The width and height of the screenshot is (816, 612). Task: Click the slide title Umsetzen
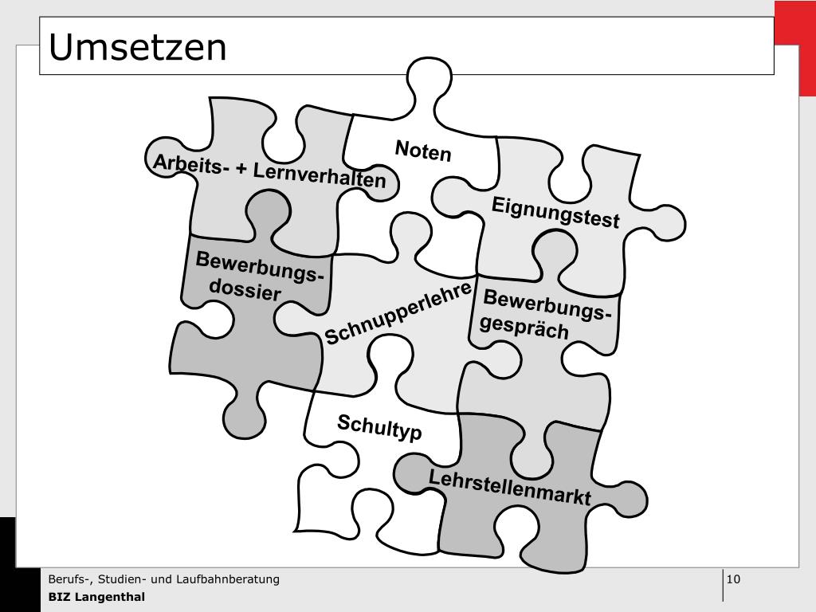[x=138, y=47]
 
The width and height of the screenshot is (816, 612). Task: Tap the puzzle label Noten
[x=423, y=150]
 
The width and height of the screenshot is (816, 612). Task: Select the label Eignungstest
[x=555, y=212]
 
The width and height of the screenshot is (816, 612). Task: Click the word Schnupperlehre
[x=398, y=313]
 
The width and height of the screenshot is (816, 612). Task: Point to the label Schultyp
[x=379, y=427]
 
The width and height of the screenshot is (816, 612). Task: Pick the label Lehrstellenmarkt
[x=510, y=487]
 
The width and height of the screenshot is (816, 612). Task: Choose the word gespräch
[x=525, y=327]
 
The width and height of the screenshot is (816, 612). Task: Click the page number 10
[x=734, y=579]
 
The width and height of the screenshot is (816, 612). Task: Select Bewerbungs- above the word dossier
[x=260, y=268]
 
